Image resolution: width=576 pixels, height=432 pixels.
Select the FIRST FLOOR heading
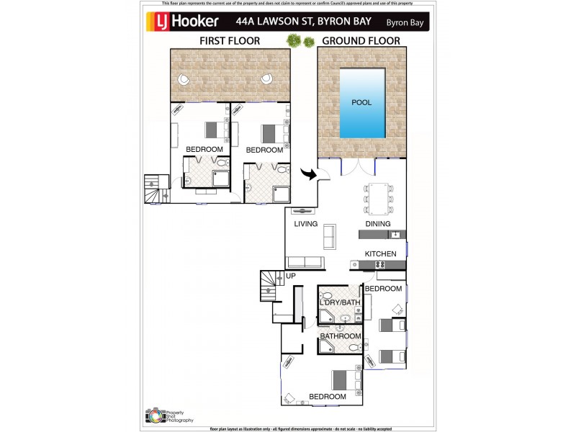230,41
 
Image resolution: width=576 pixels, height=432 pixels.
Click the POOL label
361,102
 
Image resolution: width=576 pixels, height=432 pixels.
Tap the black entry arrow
310,175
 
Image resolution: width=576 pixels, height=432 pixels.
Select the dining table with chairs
378,197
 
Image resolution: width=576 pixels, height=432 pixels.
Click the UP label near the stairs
291,276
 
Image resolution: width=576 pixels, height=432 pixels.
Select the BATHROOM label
340,336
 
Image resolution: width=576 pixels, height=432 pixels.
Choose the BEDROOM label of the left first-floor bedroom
204,150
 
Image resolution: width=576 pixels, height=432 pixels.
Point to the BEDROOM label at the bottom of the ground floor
328,397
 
